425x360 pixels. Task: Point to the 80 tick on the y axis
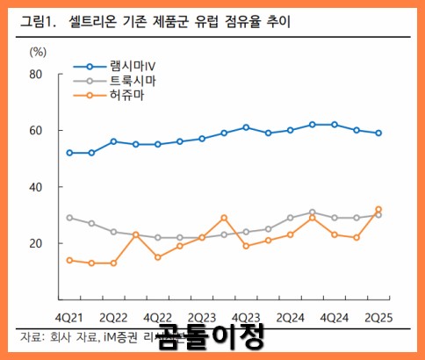pyautogui.click(x=36, y=75)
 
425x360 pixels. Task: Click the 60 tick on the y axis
pyautogui.click(x=36, y=131)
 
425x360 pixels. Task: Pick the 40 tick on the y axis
pyautogui.click(x=36, y=187)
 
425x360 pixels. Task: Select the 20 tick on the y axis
pyautogui.click(x=36, y=243)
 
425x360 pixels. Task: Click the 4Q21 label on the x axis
pyautogui.click(x=69, y=316)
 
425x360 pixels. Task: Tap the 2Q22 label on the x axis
pyautogui.click(x=114, y=316)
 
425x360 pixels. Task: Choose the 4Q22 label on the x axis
pyautogui.click(x=158, y=316)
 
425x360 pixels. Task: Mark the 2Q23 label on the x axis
pyautogui.click(x=202, y=316)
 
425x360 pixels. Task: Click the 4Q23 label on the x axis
pyautogui.click(x=247, y=316)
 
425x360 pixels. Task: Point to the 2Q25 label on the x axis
pyautogui.click(x=378, y=316)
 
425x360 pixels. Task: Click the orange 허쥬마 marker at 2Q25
pyautogui.click(x=378, y=210)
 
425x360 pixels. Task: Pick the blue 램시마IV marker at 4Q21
pyautogui.click(x=69, y=153)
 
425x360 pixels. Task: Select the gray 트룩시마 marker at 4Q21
pyautogui.click(x=69, y=218)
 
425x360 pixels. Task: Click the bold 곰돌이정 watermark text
pyautogui.click(x=211, y=336)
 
